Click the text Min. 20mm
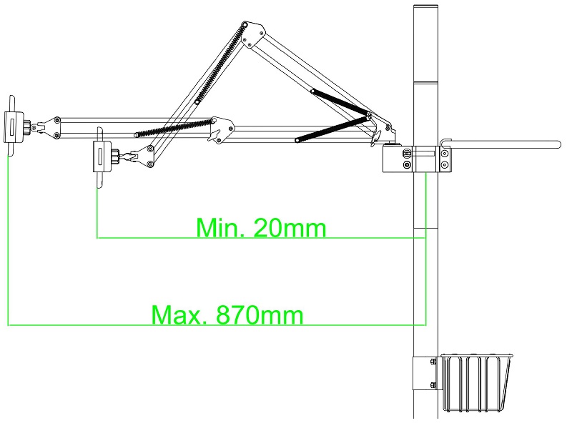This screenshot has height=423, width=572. click(261, 228)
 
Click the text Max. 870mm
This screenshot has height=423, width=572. click(227, 315)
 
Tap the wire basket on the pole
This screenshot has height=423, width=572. click(476, 382)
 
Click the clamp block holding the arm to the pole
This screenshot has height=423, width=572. click(417, 159)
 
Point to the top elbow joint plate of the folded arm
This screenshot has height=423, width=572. click(253, 34)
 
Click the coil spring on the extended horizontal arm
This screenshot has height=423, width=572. click(173, 127)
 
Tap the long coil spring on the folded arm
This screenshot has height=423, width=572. click(220, 64)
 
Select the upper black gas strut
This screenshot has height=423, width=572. click(340, 102)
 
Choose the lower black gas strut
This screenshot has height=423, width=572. click(332, 129)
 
